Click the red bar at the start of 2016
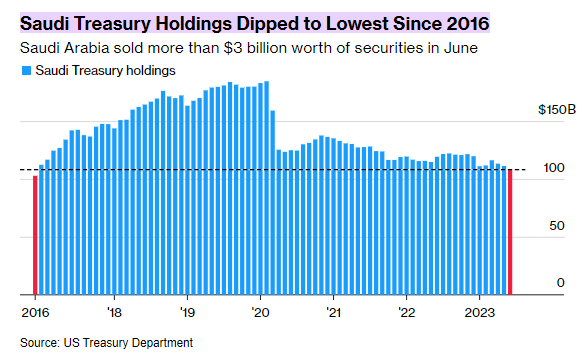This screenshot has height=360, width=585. click(x=36, y=235)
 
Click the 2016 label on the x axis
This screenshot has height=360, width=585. click(x=36, y=311)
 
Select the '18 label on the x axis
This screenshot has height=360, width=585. click(x=114, y=311)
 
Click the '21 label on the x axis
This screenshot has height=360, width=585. click(x=333, y=311)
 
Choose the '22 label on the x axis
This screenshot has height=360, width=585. click(x=407, y=311)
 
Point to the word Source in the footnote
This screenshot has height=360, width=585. click(x=39, y=343)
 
